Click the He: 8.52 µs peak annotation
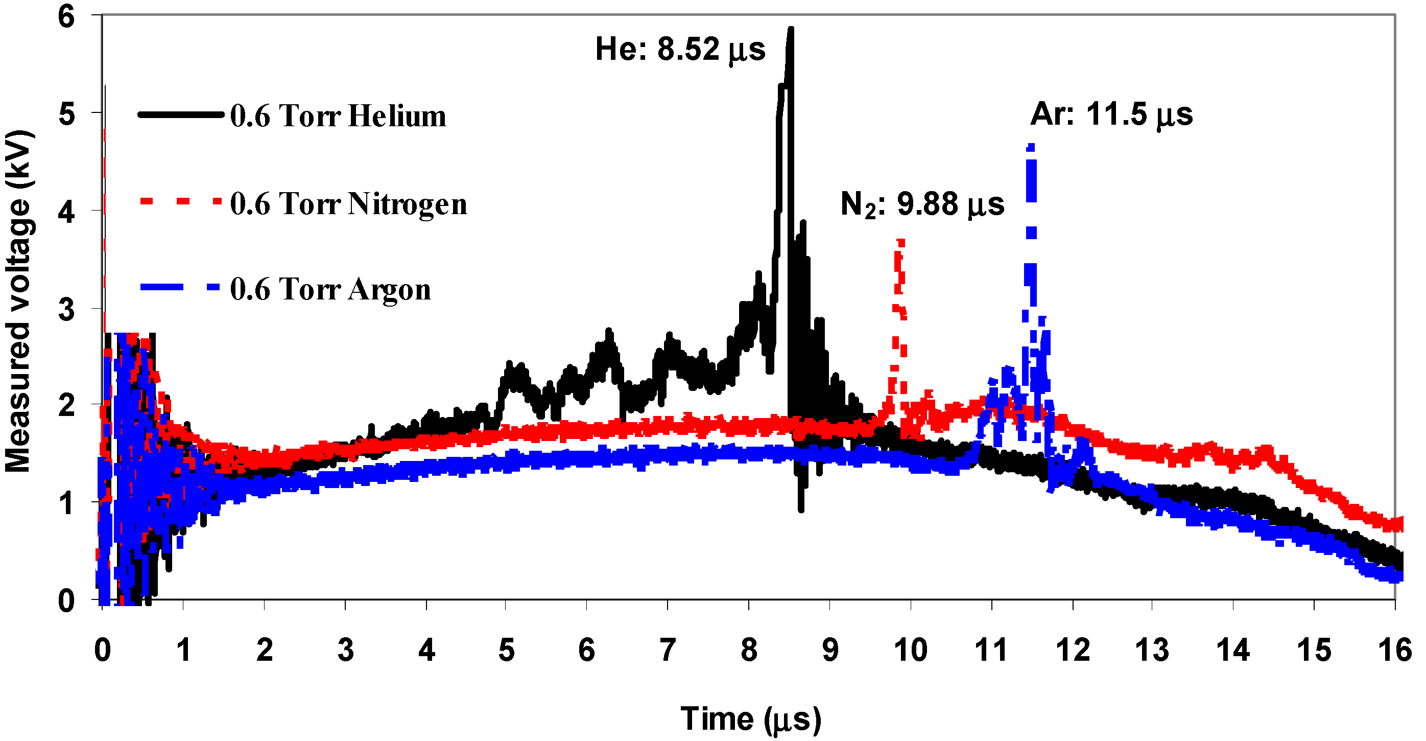click(680, 50)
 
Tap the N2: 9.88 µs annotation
click(922, 205)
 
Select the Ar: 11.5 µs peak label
click(1111, 115)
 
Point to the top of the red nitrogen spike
click(900, 241)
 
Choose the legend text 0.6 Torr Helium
click(338, 117)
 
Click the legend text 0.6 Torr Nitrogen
click(348, 204)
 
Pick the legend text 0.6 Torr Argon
click(330, 290)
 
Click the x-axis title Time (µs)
click(751, 720)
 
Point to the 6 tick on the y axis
click(67, 17)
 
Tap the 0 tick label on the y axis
click(67, 600)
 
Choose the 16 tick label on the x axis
click(1394, 650)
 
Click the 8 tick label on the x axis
click(749, 650)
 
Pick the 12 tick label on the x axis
click(1072, 650)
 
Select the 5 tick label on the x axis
click(507, 650)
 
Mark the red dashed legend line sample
click(180, 201)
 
